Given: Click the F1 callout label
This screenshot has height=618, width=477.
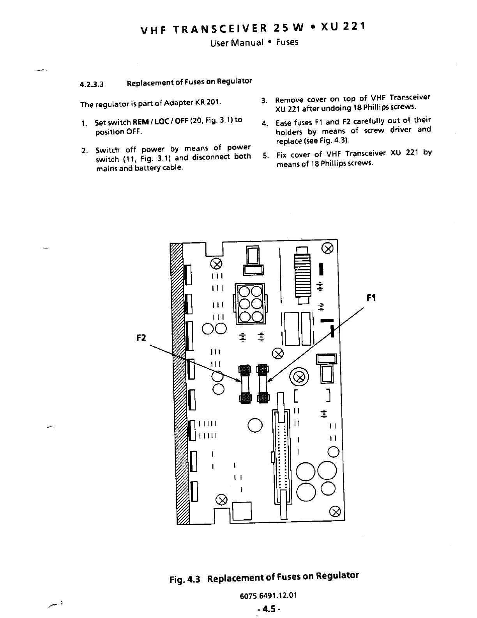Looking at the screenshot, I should coord(371,298).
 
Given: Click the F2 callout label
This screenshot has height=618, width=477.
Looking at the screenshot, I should coord(141,338).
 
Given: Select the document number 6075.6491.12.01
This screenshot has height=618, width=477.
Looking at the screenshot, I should coord(269,595).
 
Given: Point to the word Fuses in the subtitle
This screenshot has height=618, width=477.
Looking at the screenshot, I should coord(287,42).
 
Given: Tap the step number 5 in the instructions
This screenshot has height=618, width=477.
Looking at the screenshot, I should coord(265,155).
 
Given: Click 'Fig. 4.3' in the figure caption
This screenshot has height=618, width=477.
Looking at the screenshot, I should coord(185,579).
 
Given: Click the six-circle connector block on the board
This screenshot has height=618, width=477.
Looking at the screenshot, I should coord(250,304).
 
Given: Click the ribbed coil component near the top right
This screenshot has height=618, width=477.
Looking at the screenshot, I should coord(302,275).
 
